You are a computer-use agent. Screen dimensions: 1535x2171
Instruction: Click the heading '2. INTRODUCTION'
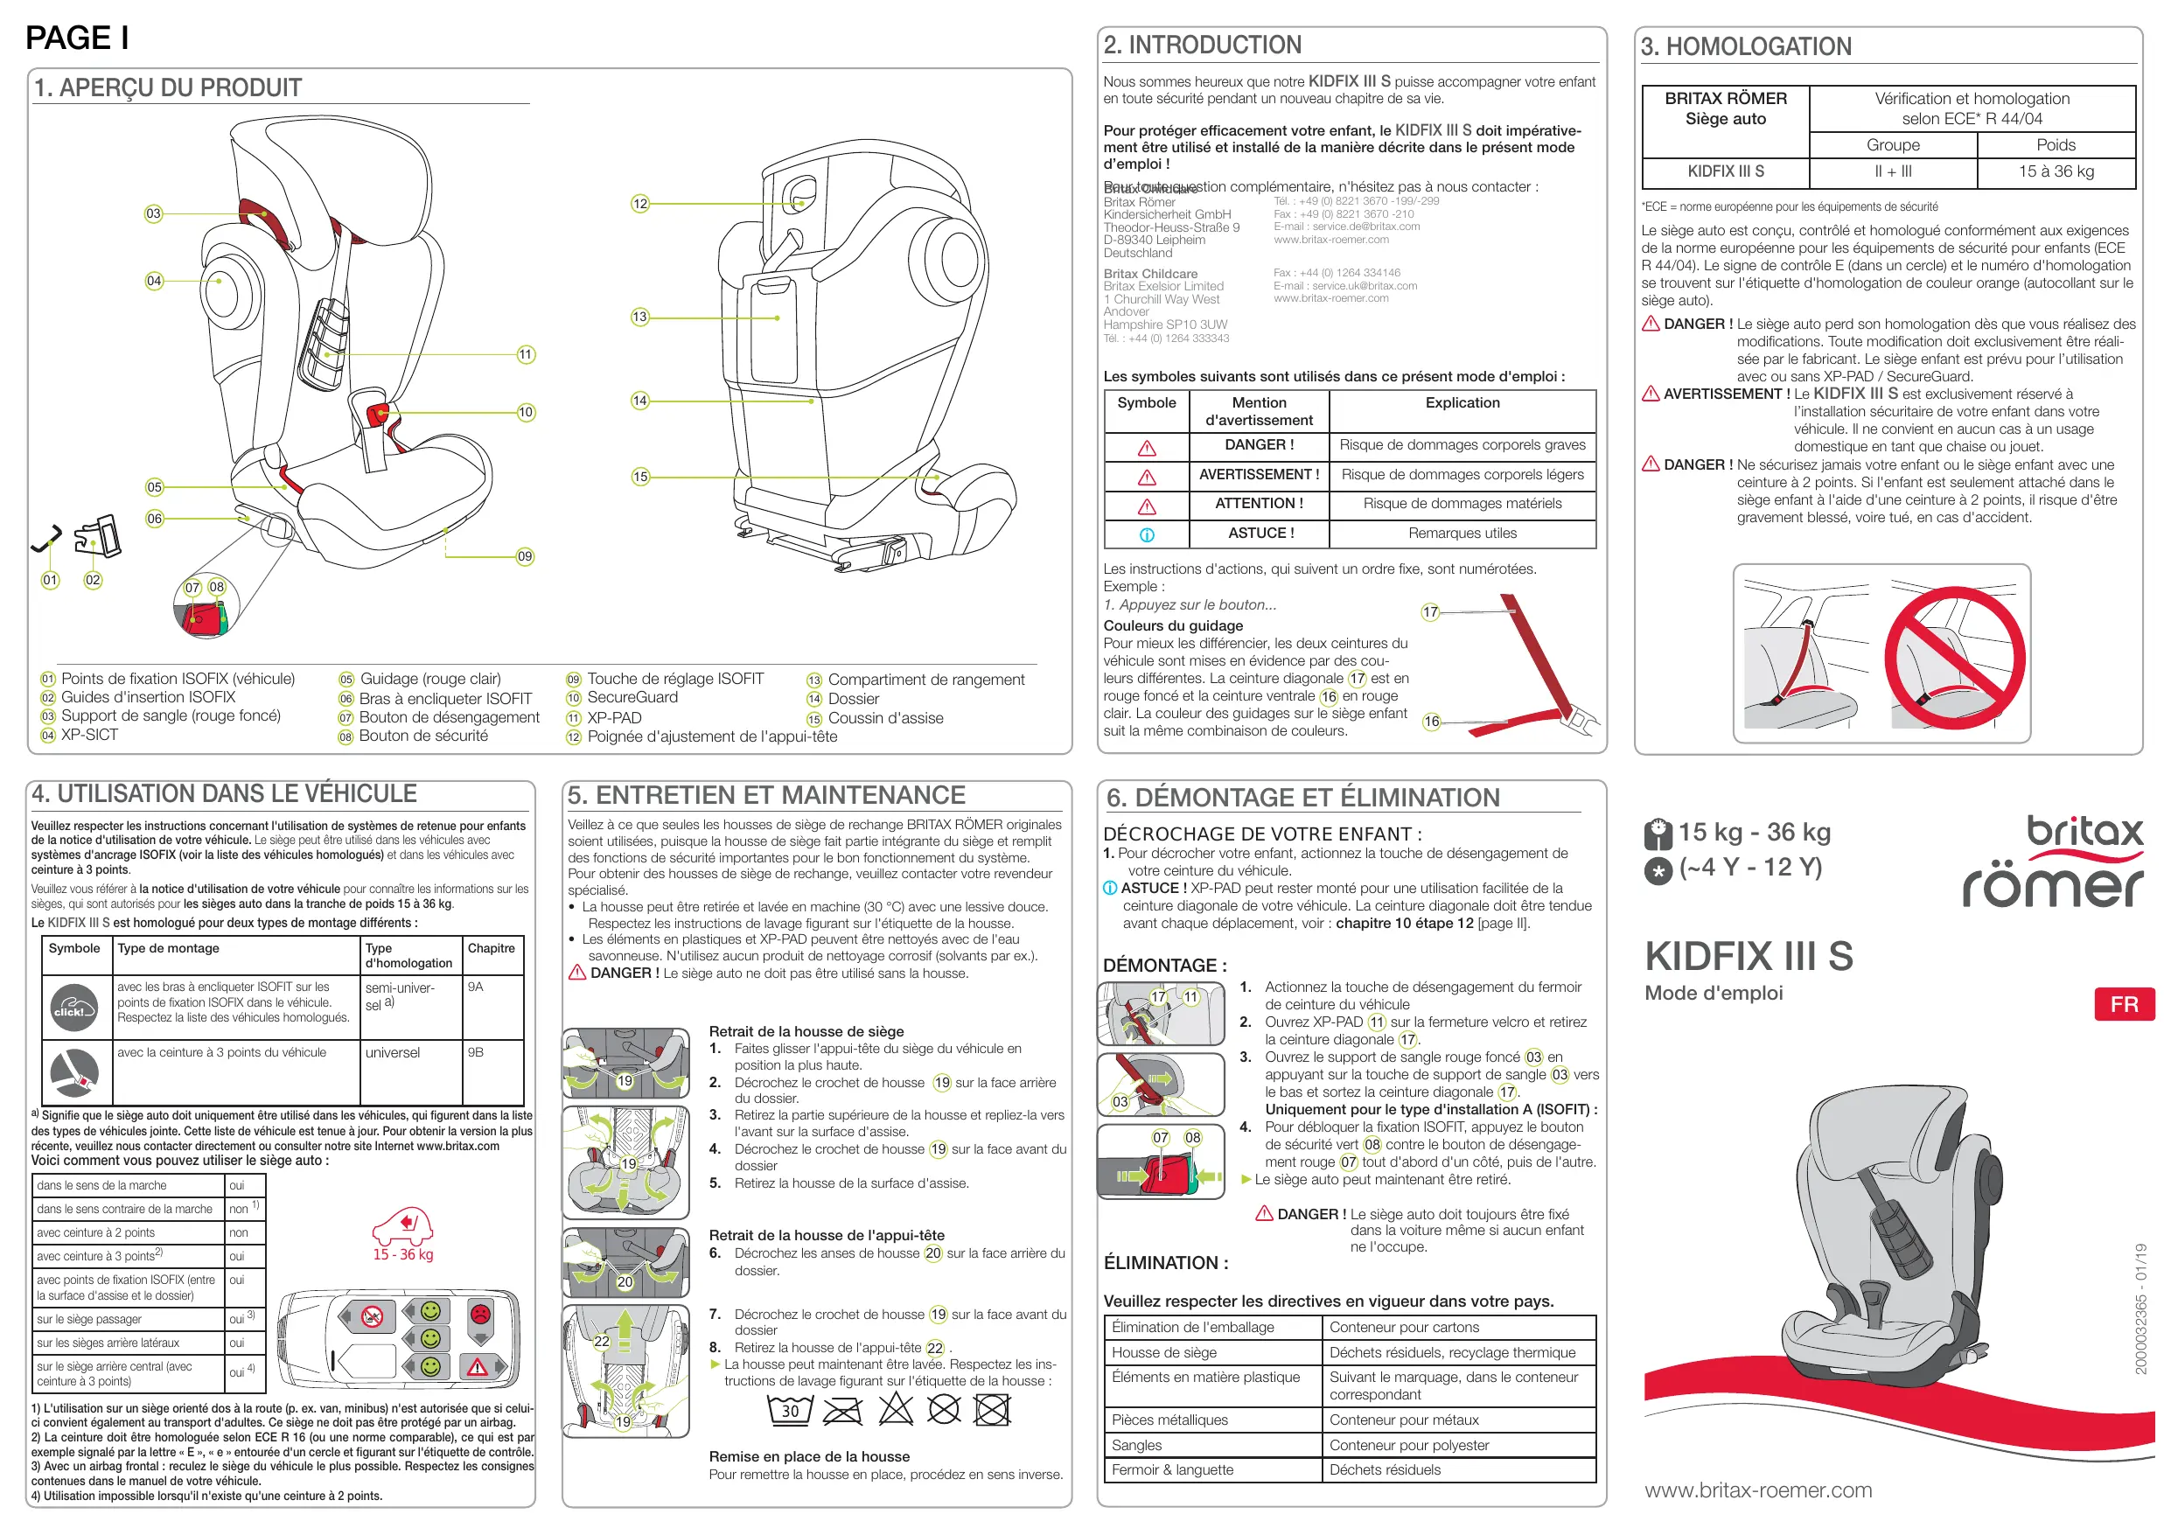click(1202, 45)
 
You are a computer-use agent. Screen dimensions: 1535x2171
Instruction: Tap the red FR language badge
click(2124, 1003)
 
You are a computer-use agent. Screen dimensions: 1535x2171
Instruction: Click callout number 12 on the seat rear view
click(640, 203)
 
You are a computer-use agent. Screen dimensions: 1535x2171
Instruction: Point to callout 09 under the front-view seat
click(525, 556)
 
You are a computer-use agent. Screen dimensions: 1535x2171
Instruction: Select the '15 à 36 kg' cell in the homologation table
click(2056, 171)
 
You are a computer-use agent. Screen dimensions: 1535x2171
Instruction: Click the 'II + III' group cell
click(1892, 171)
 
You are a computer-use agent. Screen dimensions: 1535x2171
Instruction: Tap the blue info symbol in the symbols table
click(1147, 534)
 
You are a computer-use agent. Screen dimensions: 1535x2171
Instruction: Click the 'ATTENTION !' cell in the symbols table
click(1259, 504)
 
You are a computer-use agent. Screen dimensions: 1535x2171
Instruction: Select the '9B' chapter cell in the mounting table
click(476, 1051)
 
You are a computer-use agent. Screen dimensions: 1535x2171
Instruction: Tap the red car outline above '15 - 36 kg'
click(403, 1226)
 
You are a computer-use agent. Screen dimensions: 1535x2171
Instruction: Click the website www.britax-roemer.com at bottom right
click(1758, 1490)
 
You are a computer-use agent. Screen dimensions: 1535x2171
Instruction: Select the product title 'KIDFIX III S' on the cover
click(1749, 956)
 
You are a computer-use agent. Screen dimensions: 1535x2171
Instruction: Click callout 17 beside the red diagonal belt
click(1429, 612)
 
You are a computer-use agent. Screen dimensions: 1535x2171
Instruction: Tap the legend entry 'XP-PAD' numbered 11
click(614, 718)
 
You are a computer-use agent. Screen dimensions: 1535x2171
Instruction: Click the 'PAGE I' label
click(78, 38)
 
